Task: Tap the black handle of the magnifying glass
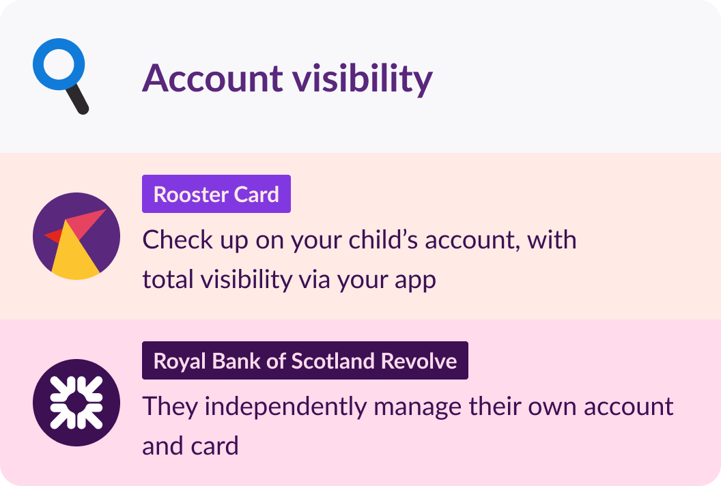click(x=77, y=99)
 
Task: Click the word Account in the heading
click(x=212, y=78)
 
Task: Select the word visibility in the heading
click(x=363, y=78)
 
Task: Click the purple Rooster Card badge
click(x=216, y=194)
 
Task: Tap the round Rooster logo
click(x=76, y=236)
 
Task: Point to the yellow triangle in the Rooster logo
click(x=74, y=253)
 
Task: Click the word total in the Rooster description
click(x=168, y=279)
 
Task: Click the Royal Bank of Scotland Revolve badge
click(x=305, y=360)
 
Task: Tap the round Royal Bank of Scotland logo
click(x=76, y=403)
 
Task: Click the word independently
click(x=285, y=406)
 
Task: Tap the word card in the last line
click(x=216, y=446)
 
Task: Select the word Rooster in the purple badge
click(x=190, y=195)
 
